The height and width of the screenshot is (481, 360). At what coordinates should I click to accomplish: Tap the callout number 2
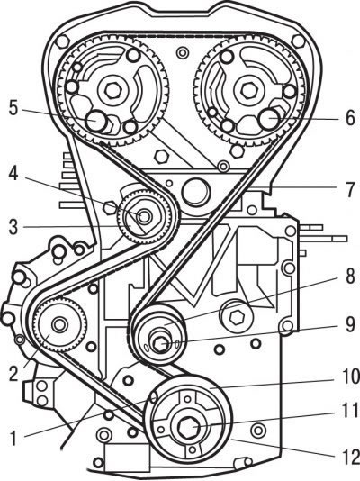pos(13,374)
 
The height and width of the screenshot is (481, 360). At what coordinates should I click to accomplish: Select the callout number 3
pos(13,227)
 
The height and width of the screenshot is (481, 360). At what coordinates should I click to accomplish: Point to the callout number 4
pos(13,174)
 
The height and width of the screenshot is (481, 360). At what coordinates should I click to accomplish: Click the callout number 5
pos(13,108)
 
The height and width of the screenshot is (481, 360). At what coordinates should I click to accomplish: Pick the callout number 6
pos(350,118)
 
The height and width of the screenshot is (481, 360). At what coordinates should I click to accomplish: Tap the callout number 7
pos(351,189)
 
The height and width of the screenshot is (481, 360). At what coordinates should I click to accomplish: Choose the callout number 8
pos(350,277)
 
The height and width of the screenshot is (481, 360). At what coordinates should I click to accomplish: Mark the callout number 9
pos(350,325)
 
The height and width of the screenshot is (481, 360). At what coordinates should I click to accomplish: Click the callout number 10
pos(350,377)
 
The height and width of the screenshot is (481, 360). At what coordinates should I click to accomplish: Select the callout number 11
pos(350,410)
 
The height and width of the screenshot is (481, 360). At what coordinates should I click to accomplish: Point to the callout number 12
pos(350,456)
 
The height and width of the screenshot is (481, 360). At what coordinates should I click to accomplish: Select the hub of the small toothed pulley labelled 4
pos(144,217)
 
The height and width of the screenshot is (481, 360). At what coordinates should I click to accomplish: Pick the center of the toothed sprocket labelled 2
pos(60,325)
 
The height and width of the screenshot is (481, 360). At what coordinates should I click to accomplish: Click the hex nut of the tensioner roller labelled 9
pos(160,345)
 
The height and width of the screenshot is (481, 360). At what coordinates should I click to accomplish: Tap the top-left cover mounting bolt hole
pos(62,41)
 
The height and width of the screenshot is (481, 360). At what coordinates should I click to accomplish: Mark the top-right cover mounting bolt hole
pos(298,41)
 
